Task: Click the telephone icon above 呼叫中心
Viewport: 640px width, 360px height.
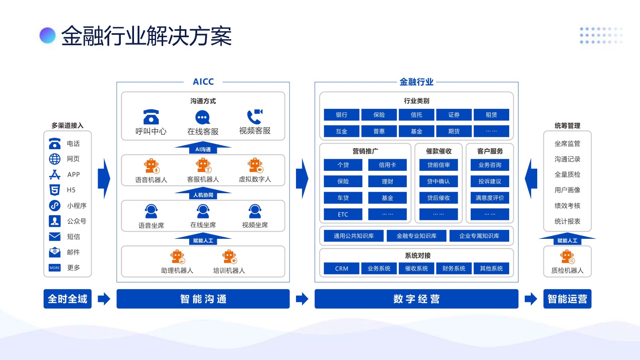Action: click(151, 117)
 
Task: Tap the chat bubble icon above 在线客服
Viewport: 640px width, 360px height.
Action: click(202, 117)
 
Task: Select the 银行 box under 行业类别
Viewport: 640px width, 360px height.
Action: click(342, 115)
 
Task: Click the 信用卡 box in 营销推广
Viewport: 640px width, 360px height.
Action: click(387, 165)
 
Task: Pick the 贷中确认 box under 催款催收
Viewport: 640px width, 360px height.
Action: click(438, 181)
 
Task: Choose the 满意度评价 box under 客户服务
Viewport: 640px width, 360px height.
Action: click(490, 198)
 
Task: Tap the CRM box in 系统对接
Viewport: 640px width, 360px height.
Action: click(342, 268)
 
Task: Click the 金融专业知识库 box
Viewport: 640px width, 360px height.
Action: click(416, 236)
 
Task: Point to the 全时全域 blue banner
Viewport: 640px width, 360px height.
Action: click(68, 299)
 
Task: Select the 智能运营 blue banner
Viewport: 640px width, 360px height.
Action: click(567, 299)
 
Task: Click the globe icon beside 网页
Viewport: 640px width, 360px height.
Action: click(55, 159)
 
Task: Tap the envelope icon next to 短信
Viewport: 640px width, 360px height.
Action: click(55, 236)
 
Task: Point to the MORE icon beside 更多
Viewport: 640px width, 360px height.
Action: click(55, 268)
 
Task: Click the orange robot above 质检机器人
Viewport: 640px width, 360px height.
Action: click(567, 256)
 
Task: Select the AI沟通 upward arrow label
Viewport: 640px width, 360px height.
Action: click(203, 149)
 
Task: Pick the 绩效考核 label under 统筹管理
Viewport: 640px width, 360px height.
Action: click(567, 206)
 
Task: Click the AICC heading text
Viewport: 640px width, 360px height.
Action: click(203, 82)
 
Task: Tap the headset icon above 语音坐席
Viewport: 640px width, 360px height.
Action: click(151, 211)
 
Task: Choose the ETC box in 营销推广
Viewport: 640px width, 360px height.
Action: click(343, 214)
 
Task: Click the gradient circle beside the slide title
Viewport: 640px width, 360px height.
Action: click(48, 35)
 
